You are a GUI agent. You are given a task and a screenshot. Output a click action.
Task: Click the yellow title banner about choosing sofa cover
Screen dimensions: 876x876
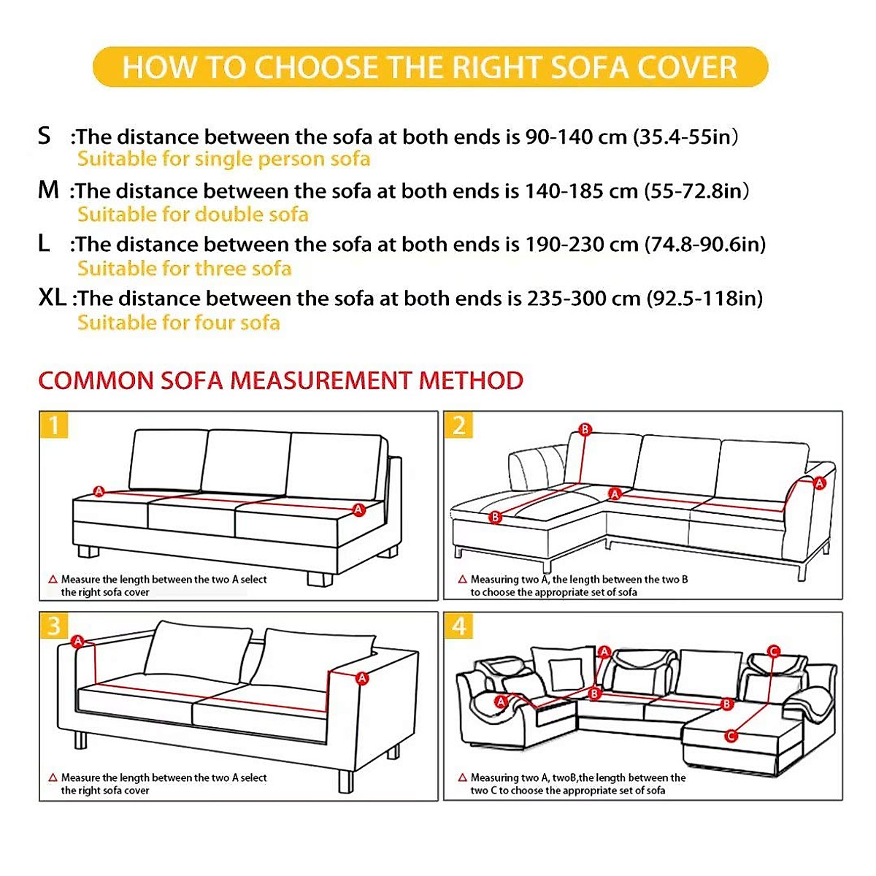(x=431, y=67)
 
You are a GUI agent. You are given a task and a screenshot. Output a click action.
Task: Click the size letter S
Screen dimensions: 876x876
(x=45, y=136)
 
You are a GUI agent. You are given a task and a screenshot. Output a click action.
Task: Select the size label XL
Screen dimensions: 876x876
(x=52, y=297)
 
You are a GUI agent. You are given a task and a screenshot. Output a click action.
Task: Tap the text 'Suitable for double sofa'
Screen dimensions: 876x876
(x=193, y=215)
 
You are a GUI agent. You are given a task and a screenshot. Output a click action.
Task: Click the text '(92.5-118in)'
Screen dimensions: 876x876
(x=704, y=298)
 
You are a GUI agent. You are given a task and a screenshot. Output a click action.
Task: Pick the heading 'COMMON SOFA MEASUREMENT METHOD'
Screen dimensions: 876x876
(x=280, y=380)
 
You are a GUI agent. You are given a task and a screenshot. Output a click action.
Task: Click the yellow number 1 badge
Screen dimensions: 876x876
(x=54, y=425)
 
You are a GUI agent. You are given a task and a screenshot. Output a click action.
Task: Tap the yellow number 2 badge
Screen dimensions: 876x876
(x=458, y=425)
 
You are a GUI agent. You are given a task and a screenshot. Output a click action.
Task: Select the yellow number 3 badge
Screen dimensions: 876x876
(x=54, y=626)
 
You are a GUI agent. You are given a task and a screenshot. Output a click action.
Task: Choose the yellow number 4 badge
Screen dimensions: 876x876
(x=458, y=626)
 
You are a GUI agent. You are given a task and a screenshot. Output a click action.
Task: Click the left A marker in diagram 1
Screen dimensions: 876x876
(x=99, y=491)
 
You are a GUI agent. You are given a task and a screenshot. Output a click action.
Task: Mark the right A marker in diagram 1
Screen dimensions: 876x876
(x=358, y=510)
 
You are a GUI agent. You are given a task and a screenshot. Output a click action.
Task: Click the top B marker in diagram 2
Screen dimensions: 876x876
(x=585, y=429)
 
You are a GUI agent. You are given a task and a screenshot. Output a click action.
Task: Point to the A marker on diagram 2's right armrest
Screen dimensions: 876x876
(x=819, y=483)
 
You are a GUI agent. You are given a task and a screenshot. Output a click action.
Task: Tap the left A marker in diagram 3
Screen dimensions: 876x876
(x=78, y=642)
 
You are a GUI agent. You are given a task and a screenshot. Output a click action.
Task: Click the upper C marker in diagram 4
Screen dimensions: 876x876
(x=774, y=651)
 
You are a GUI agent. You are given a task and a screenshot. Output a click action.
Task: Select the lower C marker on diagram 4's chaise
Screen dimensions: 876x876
(x=731, y=735)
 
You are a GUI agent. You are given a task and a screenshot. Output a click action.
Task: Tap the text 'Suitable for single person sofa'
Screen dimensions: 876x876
(x=223, y=159)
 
